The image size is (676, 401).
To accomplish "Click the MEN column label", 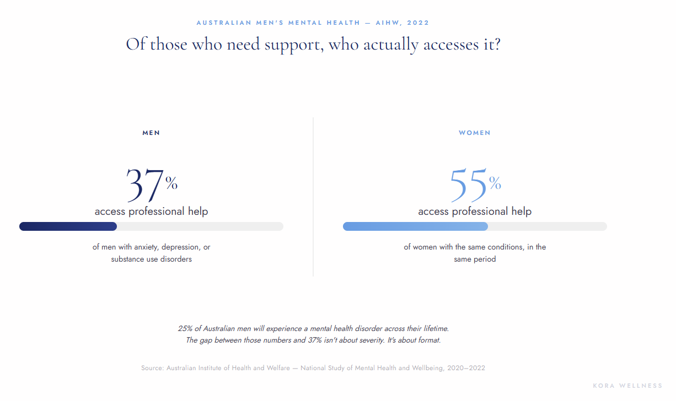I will pos(151,133).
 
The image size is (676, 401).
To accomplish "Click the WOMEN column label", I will pos(474,133).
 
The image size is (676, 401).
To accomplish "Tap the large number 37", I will pos(145,185).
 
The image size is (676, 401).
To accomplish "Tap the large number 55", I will pos(468,185).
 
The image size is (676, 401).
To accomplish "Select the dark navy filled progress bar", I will pos(68,226).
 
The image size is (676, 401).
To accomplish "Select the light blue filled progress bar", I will pos(415,226).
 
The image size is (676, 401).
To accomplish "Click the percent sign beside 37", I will pos(171,183).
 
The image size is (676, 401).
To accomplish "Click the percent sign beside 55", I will pos(495,183).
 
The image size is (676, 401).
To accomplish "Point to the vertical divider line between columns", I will pos(313,196).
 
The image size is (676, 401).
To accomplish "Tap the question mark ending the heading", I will pos(496,44).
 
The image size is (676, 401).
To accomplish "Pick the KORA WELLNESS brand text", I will pos(627,386).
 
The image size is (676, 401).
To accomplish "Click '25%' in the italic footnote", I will pos(185,328).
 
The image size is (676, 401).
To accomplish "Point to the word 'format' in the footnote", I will pos(429,340).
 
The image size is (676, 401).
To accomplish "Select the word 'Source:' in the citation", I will pos(153,368).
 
